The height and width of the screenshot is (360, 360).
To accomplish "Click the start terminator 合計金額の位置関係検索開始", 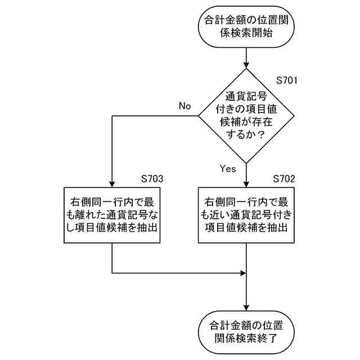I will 247,26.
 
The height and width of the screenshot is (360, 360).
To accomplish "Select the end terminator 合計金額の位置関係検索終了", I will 247,332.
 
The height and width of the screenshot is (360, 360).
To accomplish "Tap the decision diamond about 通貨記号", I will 247,116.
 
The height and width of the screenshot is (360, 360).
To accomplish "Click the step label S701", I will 286,80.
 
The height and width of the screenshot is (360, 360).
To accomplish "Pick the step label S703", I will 152,178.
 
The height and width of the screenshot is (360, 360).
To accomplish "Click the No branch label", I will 185,106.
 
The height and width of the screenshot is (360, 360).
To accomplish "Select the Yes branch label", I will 228,168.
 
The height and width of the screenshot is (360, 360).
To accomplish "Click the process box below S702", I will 247,215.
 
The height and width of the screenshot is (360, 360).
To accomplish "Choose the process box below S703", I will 112,215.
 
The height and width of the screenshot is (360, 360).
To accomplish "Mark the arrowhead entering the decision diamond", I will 247,65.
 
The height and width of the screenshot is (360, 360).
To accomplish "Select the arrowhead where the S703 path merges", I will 244,273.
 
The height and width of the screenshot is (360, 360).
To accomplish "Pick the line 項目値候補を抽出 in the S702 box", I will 247,228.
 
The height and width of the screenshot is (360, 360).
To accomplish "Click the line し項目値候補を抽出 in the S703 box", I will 112,228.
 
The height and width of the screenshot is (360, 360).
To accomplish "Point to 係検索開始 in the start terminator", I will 247,33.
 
